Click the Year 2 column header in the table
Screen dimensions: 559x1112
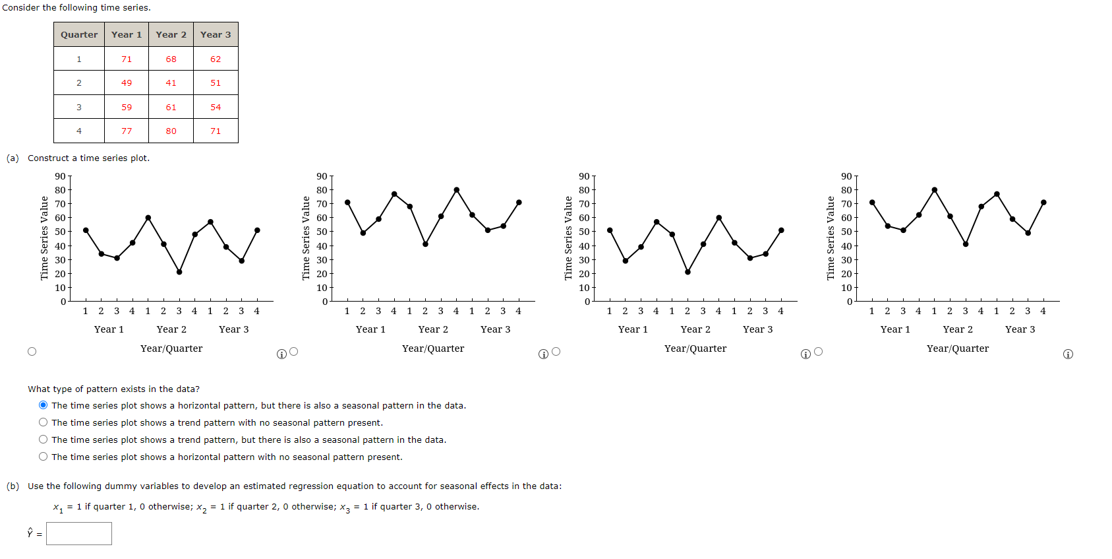171,34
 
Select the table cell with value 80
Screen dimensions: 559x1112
171,131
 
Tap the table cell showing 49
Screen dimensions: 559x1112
127,82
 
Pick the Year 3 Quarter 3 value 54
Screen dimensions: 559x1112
216,107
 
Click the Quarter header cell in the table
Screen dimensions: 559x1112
79,34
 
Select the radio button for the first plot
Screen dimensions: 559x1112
32,351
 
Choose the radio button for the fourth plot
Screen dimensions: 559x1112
818,351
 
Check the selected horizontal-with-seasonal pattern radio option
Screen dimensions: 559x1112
43,405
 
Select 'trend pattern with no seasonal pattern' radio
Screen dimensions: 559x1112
43,422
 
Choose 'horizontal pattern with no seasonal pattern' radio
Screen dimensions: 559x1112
43,457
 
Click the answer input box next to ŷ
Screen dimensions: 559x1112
79,533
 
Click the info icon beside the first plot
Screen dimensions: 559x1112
281,354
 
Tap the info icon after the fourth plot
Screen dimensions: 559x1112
1068,354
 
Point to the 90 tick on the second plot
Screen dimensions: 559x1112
322,176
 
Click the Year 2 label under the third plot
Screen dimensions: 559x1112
695,329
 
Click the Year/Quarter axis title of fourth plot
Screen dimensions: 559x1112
957,348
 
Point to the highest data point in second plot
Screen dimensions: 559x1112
456,189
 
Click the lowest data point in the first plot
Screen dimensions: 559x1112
179,272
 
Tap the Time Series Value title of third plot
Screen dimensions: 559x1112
568,238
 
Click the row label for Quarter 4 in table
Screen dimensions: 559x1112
79,131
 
